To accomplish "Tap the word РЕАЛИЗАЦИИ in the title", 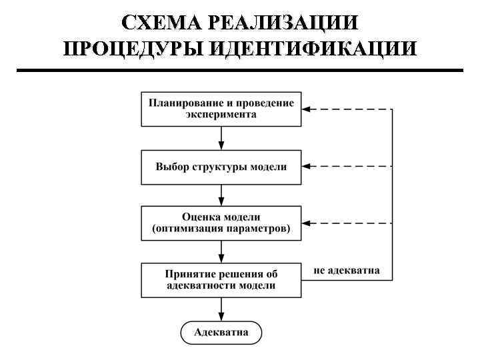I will [283, 23].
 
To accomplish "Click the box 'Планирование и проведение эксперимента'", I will [221, 109].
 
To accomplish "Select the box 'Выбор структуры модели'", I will [221, 167].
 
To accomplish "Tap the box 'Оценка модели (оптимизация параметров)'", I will [221, 223].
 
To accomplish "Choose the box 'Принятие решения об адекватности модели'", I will [221, 280].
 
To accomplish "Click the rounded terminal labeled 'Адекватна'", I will [221, 332].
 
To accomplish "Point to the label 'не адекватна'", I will [347, 271].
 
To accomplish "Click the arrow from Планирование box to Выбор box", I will [221, 138].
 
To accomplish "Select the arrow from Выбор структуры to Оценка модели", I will [221, 195].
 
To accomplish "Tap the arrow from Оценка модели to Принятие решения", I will [221, 252].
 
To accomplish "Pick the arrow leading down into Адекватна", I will [221, 309].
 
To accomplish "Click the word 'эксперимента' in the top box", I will [221, 115].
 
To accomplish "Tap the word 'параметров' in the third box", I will [258, 229].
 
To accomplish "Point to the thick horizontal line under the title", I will [239, 70].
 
